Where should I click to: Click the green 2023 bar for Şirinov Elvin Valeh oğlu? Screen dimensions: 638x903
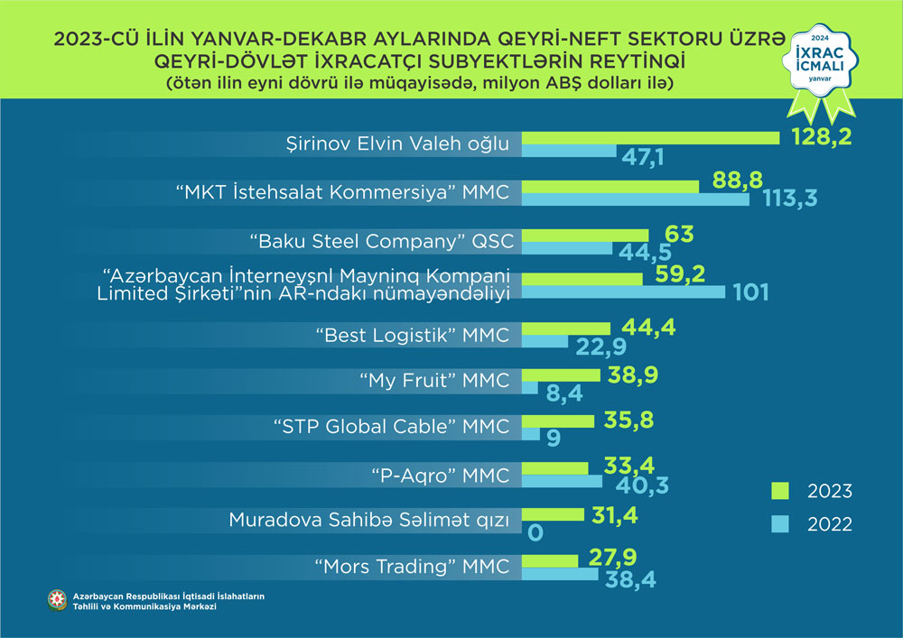coord(651,137)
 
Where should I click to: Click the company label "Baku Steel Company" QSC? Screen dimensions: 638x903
coord(378,241)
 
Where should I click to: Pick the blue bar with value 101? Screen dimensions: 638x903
coord(624,291)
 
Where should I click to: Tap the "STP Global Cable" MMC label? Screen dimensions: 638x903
coord(390,426)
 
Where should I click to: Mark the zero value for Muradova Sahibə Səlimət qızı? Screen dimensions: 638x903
coord(535,532)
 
